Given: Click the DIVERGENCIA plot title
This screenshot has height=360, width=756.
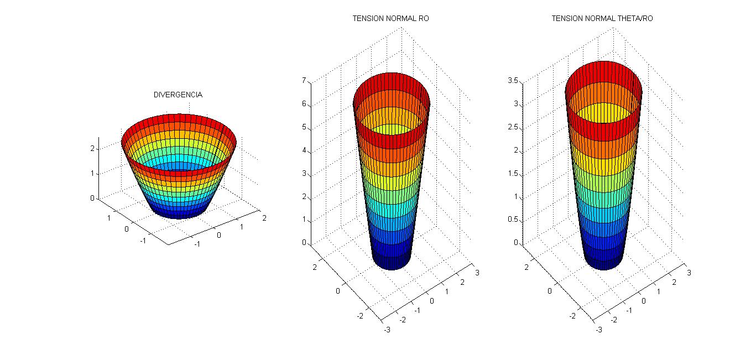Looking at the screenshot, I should (178, 95).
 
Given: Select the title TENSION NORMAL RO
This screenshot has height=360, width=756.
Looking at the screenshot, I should (390, 18).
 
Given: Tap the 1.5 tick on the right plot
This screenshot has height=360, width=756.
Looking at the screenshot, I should (513, 174).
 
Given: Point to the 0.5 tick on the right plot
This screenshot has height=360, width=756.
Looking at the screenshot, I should (513, 220).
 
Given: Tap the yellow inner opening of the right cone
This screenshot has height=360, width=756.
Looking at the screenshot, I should (603, 113).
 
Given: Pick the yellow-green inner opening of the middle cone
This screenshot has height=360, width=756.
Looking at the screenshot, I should (392, 129).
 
